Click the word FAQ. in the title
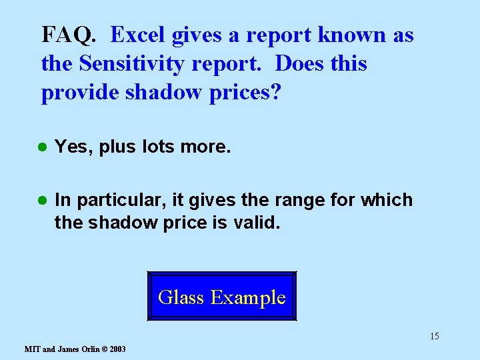tap(69, 35)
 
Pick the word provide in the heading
tap(81, 93)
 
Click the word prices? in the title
tap(245, 93)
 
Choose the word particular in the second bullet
tap(116, 200)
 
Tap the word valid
tap(257, 222)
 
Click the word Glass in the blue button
tap(181, 297)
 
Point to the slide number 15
tap(434, 336)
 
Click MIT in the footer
tap(32, 349)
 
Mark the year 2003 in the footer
tap(116, 349)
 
